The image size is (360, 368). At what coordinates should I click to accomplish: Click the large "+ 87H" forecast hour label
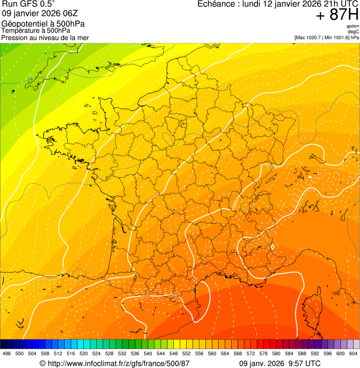click(x=337, y=15)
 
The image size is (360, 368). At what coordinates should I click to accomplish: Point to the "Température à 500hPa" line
click(x=36, y=30)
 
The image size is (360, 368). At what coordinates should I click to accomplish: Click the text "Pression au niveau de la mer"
click(x=45, y=37)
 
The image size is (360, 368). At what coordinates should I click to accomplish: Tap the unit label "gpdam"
click(x=353, y=26)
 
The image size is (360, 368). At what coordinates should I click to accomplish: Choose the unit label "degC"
click(x=353, y=31)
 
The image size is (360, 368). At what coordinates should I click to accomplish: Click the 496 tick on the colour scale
click(x=7, y=353)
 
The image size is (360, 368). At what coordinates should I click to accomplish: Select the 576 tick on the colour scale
click(x=264, y=353)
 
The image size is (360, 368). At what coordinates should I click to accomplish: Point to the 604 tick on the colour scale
click(x=353, y=353)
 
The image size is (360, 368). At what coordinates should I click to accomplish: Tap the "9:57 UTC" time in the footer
click(x=307, y=363)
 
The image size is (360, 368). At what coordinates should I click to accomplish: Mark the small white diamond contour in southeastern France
click(x=272, y=246)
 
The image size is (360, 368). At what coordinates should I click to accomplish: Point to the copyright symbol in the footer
click(x=42, y=363)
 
